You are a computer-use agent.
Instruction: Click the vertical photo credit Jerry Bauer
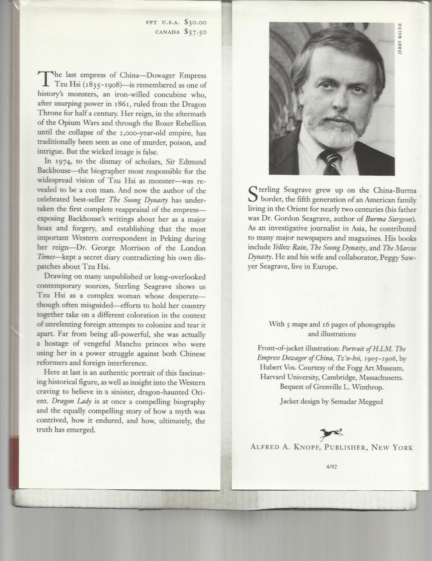pyautogui.click(x=399, y=39)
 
